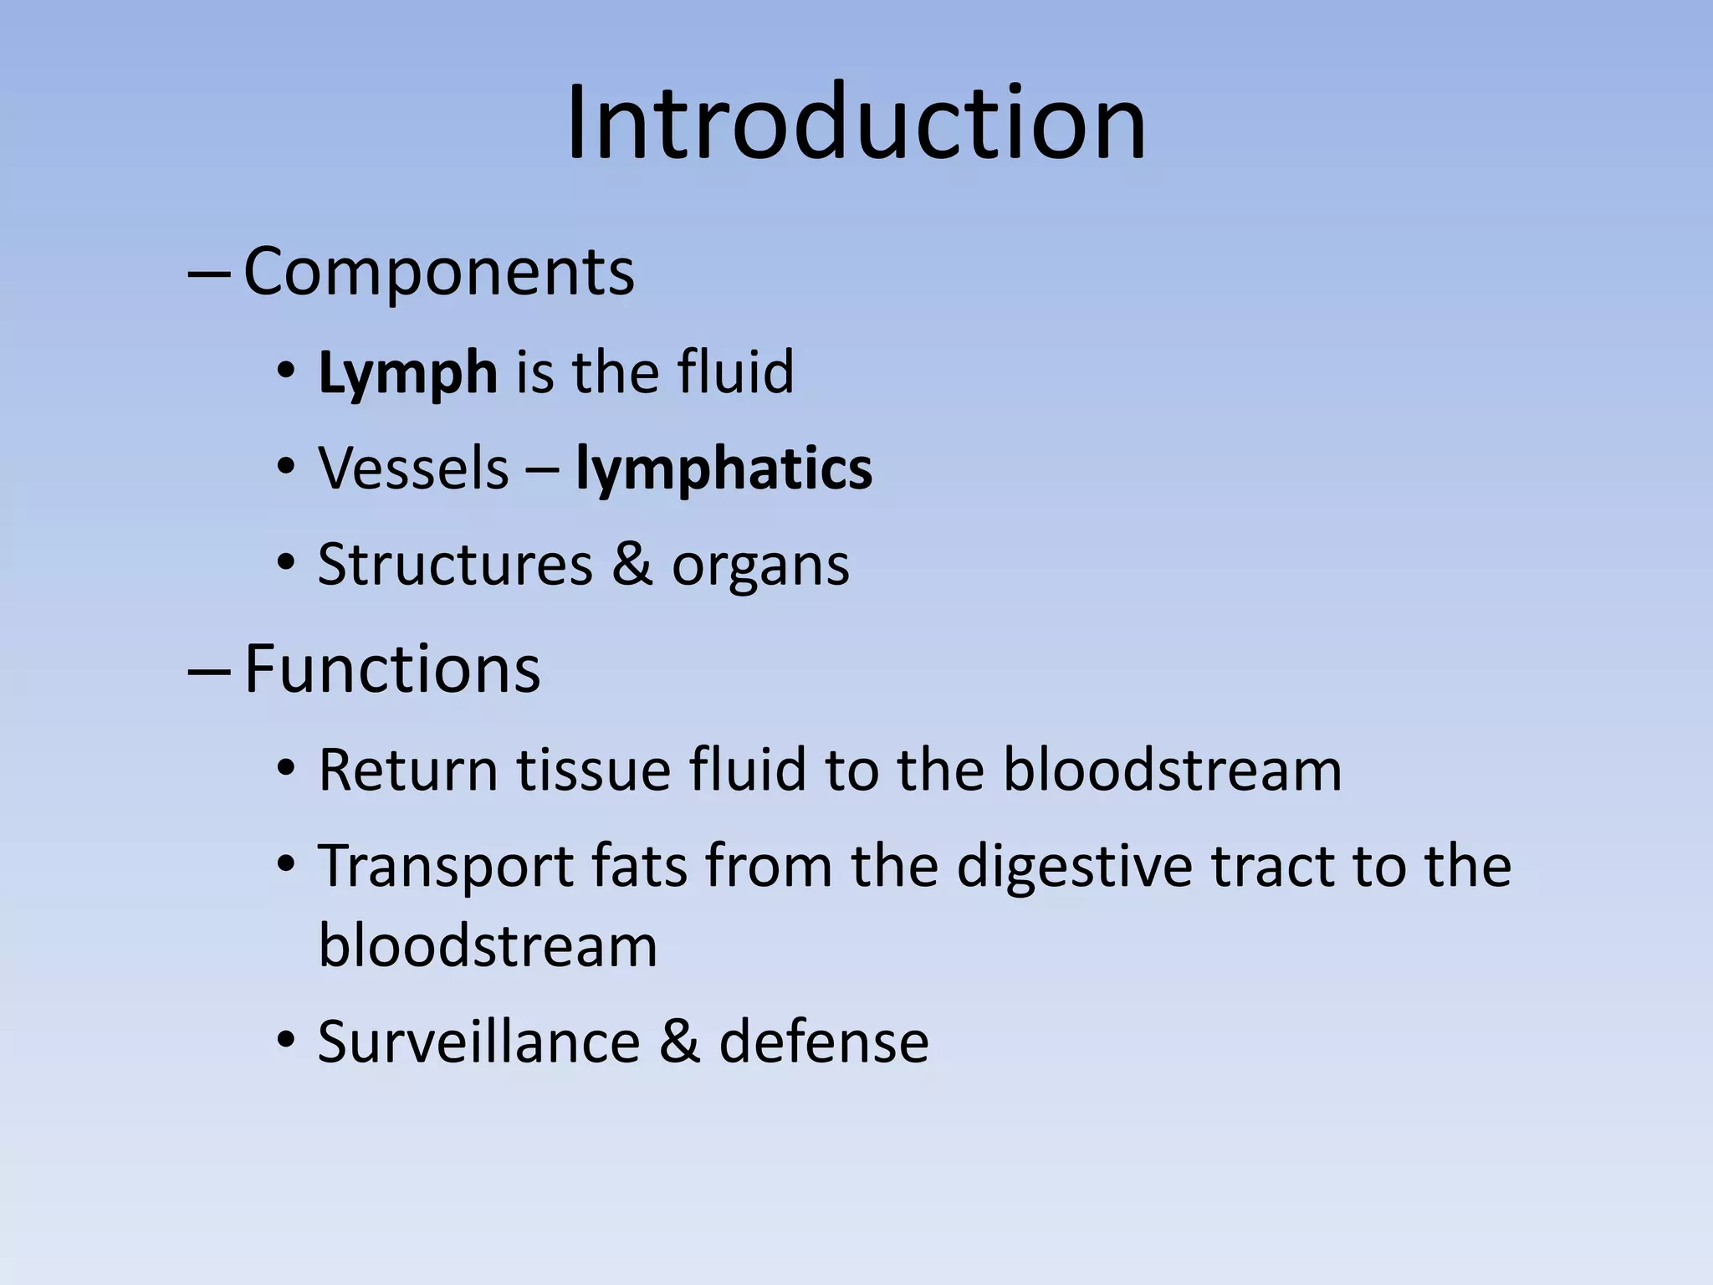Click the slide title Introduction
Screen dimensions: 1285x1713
(856, 123)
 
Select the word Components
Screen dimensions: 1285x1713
(438, 272)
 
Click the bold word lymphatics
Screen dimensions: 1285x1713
(724, 468)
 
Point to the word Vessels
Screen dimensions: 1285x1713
(413, 468)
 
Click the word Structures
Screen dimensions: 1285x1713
(455, 565)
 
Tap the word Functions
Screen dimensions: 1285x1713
(391, 669)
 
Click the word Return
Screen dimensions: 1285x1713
(408, 770)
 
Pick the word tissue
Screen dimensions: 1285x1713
(593, 770)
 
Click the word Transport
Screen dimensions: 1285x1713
(445, 867)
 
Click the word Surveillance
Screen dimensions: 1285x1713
(478, 1042)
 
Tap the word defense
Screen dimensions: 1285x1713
(824, 1042)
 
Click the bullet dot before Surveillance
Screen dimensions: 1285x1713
(286, 1041)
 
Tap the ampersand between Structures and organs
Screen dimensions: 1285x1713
(632, 565)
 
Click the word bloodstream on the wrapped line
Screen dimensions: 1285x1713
(488, 946)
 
